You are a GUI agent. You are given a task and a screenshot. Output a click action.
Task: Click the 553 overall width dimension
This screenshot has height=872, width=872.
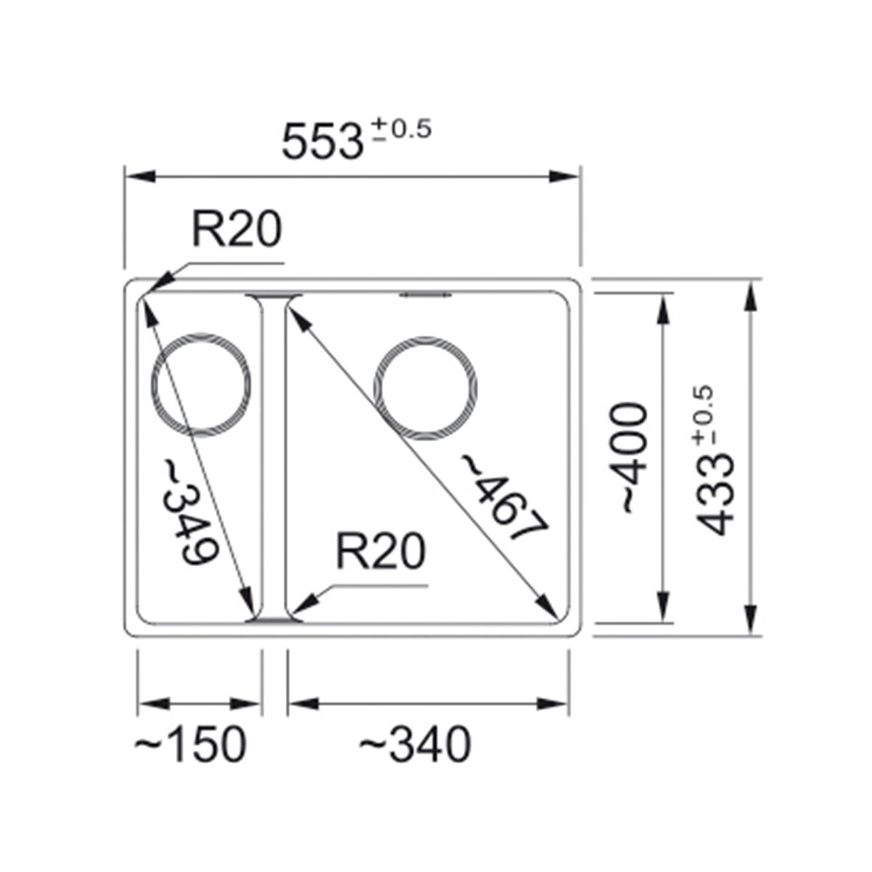(x=322, y=141)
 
